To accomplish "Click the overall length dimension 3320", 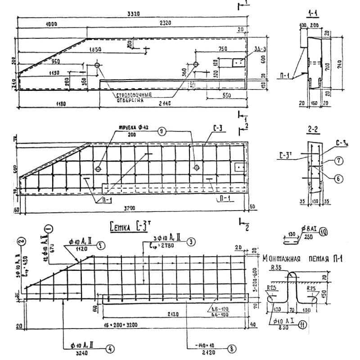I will point(134,14).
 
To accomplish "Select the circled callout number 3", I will point(192,242).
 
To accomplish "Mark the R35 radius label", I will point(276,267).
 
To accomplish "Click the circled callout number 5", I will point(102,246).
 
